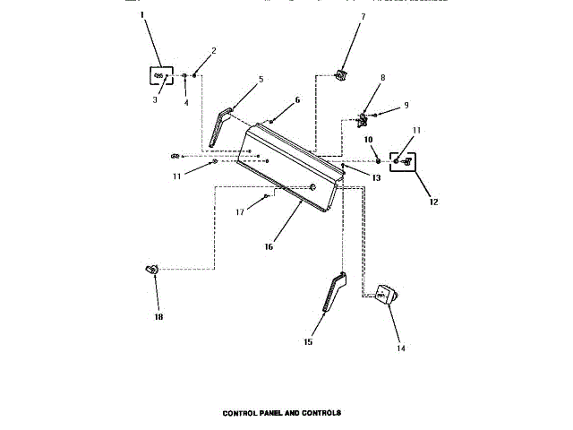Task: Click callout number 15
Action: (308, 341)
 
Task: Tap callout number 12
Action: (434, 202)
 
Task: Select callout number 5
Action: (261, 80)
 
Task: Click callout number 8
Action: (382, 78)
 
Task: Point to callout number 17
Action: (240, 212)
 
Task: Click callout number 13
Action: (377, 178)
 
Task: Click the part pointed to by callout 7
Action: (340, 73)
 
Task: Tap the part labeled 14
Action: (386, 295)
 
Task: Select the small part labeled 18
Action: (150, 268)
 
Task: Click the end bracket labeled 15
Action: (332, 293)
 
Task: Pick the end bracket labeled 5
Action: (220, 126)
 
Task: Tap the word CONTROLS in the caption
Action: (321, 414)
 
